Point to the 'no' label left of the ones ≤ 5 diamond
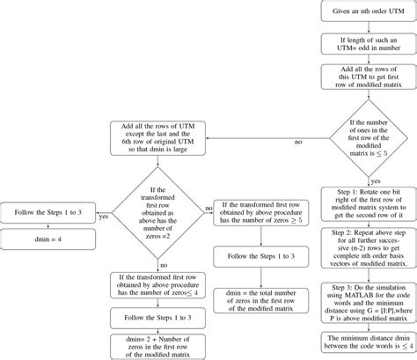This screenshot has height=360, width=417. pos(296,141)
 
